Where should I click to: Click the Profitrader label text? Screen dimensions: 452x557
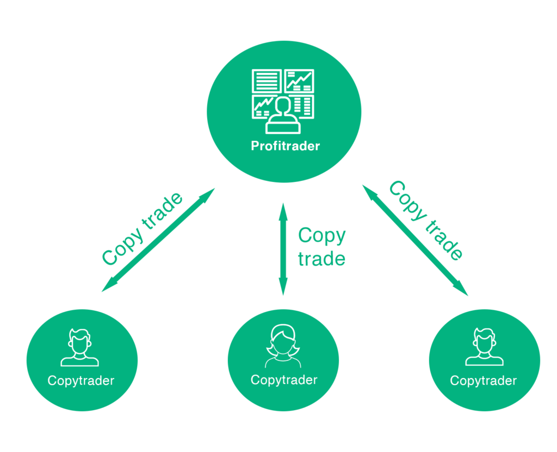point(285,146)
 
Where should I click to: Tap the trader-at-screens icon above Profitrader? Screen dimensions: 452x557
point(283,101)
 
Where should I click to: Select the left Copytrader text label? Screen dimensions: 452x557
point(81,380)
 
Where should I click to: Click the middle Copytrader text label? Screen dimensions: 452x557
point(284,380)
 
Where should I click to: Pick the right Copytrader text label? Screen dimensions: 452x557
point(484,380)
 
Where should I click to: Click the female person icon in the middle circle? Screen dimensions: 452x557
point(283,347)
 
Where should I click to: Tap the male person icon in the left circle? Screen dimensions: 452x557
point(80,348)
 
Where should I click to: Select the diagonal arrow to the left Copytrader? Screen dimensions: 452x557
point(158,240)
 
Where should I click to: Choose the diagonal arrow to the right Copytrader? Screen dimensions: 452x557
point(414,240)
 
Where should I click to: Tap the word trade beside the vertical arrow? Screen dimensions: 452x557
point(321,259)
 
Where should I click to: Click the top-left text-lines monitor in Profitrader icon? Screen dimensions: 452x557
point(267,81)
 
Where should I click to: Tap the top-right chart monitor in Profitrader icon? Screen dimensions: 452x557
point(300,81)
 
